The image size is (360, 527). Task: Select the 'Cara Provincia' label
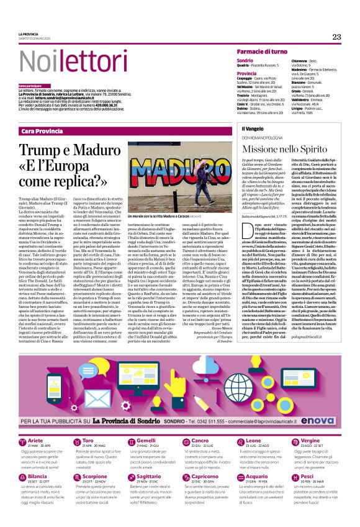[45, 131]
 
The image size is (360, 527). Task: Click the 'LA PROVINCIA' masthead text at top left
[29, 34]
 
